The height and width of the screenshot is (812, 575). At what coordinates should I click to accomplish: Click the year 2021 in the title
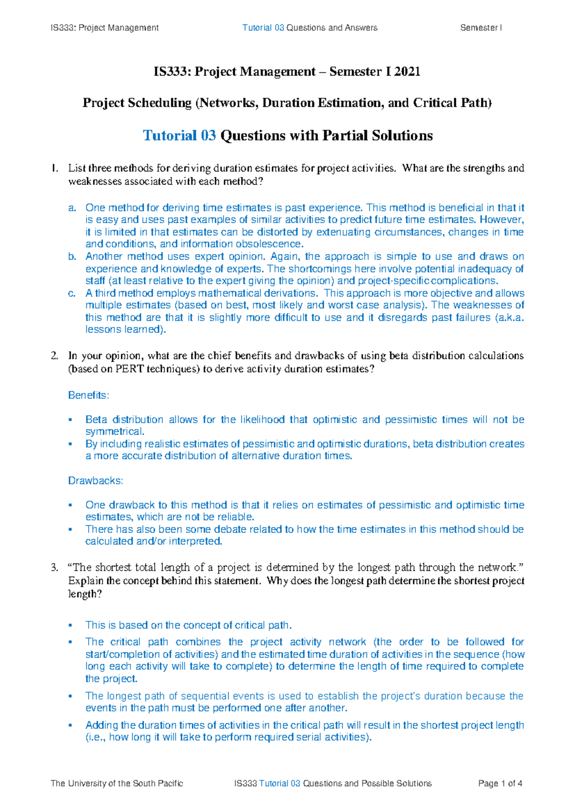pos(408,72)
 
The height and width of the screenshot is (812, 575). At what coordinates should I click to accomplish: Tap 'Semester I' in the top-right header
pos(481,28)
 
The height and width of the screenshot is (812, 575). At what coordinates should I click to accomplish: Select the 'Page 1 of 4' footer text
pos(500,783)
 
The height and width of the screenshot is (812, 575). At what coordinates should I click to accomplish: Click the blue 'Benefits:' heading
pos(89,395)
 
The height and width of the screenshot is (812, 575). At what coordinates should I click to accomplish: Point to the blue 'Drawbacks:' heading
pos(95,480)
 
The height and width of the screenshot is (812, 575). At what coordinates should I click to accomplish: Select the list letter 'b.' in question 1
pos(72,257)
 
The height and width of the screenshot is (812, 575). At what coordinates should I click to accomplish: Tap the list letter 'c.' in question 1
pos(72,293)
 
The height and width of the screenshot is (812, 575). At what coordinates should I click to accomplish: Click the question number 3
pos(54,568)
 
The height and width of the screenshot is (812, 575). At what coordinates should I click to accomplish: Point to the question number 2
pos(54,356)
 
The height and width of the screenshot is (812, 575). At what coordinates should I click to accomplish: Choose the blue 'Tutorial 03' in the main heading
pos(179,135)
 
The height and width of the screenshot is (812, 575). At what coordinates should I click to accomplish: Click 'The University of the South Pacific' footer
pos(116,783)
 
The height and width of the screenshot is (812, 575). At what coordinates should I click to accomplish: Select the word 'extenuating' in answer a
pos(343,232)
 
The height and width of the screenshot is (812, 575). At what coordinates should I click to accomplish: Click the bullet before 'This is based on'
pos(70,625)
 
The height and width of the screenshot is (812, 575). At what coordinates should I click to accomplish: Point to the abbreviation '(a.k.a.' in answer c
pos(509,317)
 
